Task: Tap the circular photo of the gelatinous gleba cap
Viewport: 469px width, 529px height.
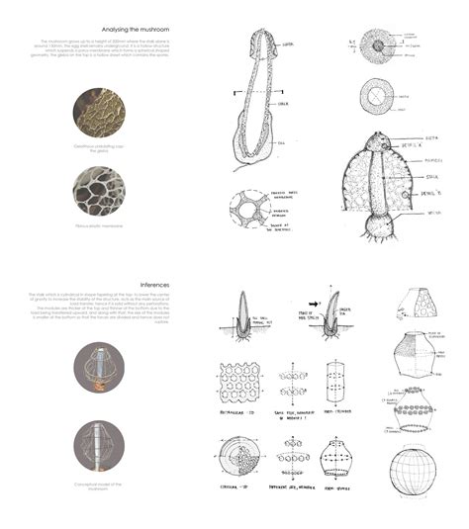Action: [x=99, y=110]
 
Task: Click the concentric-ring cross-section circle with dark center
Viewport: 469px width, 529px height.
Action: [x=379, y=45]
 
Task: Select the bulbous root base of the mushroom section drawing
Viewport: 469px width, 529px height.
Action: [x=376, y=233]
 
